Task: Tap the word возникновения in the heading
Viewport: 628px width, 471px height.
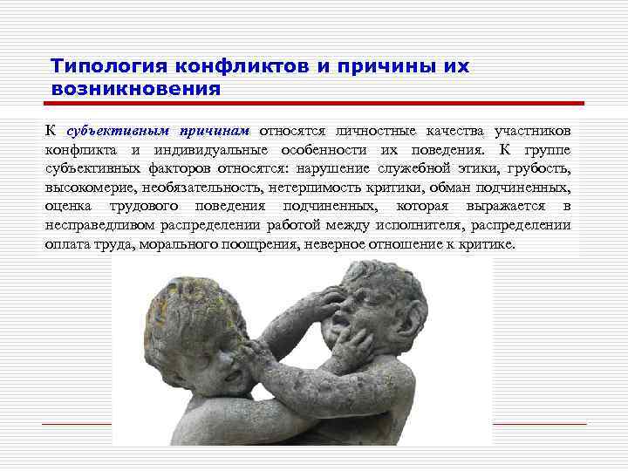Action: click(x=135, y=88)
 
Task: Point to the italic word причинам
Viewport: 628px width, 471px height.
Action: click(x=215, y=131)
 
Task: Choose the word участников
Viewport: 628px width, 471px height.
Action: click(x=533, y=131)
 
